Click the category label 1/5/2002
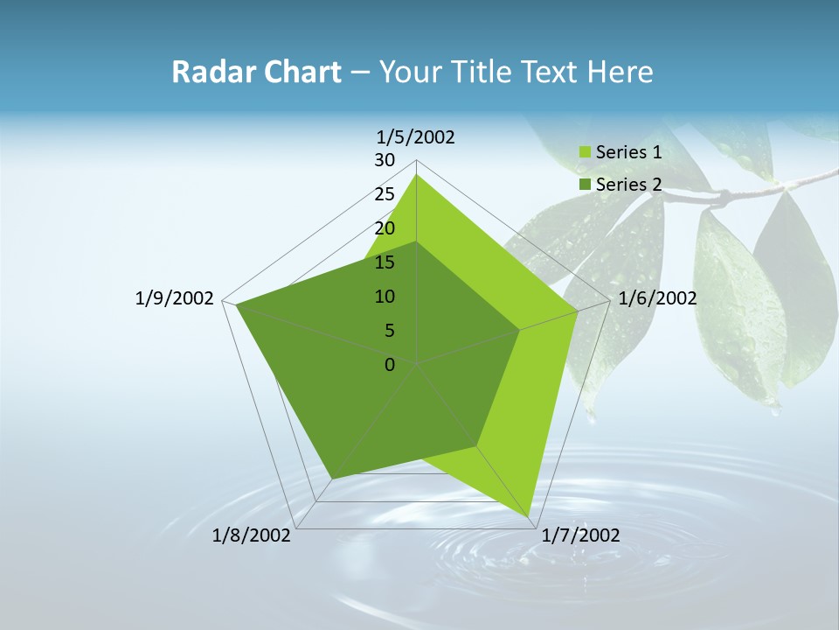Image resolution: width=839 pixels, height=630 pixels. pos(416,137)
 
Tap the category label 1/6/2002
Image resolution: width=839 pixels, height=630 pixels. pos(657,298)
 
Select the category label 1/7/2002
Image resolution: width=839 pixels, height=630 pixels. pos(580,535)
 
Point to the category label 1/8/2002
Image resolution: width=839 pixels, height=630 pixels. pos(252,535)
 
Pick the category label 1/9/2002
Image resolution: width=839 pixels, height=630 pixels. pos(175,298)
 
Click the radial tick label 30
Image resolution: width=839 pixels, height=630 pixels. pos(385,160)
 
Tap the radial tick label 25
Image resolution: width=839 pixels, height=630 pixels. pos(385,194)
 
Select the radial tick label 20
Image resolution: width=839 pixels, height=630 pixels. pos(385,228)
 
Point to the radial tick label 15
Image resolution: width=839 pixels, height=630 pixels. pos(385,262)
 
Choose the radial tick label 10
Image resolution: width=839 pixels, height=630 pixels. pos(385,297)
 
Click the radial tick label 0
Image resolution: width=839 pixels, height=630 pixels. pos(390,365)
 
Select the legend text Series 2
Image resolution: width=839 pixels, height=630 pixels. pos(628,185)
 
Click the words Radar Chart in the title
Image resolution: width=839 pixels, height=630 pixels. pos(256,72)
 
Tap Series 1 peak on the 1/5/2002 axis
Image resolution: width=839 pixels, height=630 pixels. pos(417,175)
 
